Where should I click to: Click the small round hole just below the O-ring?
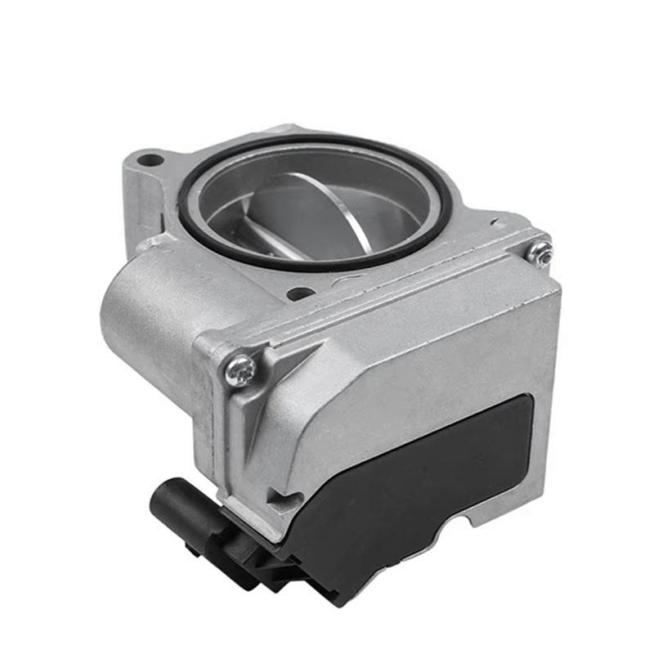pos(300,293)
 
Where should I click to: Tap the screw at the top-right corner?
pos(540,253)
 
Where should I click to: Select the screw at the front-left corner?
pos(240,370)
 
